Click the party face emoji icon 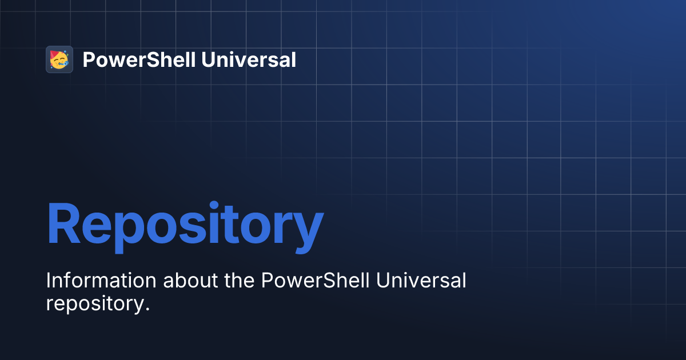pyautogui.click(x=59, y=59)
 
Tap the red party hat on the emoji pyautogui.click(x=55, y=54)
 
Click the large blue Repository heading pyautogui.click(x=185, y=225)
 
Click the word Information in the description pyautogui.click(x=101, y=281)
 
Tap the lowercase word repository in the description pyautogui.click(x=94, y=304)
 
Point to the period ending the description pyautogui.click(x=146, y=309)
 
